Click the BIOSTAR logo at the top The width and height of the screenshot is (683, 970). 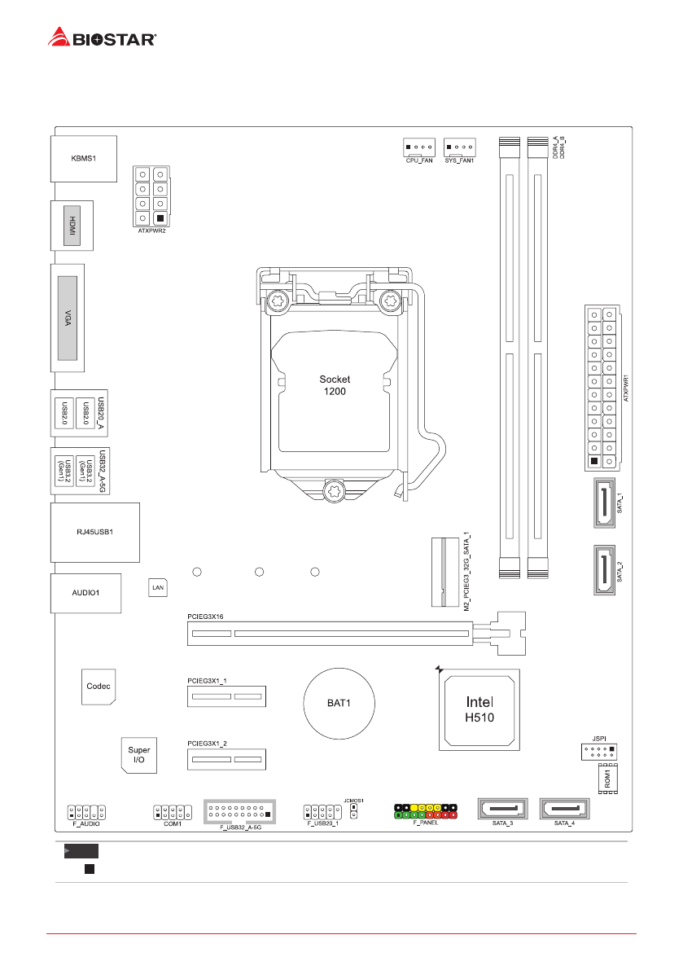point(103,36)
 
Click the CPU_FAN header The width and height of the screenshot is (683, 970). point(418,147)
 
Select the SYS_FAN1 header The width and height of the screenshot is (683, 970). point(460,147)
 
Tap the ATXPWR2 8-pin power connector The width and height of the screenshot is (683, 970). point(151,195)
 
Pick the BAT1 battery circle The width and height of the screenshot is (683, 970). point(339,702)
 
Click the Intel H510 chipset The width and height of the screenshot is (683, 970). point(479,709)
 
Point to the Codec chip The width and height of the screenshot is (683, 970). point(99,686)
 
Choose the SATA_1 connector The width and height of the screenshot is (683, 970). point(604,504)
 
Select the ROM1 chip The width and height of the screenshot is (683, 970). point(607,779)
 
